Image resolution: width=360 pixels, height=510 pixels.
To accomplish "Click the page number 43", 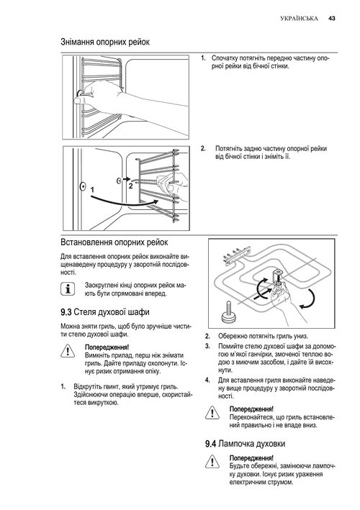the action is (x=331, y=19).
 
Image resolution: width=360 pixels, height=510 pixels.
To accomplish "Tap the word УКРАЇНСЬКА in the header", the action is (x=299, y=19).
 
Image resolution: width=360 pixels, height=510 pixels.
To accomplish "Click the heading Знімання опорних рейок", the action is (x=105, y=42).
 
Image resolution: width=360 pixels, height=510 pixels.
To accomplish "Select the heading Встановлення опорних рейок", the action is (x=114, y=242).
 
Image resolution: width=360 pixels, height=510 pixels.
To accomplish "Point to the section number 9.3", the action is (x=66, y=312).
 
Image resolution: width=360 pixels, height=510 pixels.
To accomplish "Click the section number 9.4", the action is (x=210, y=444).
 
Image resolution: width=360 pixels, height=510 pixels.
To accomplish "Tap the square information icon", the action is (x=68, y=289).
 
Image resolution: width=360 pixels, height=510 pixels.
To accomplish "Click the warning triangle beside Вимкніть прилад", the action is (x=68, y=351).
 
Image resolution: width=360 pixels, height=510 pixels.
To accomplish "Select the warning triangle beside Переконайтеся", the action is (x=212, y=413).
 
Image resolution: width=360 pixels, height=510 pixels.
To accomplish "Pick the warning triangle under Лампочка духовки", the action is (x=212, y=462).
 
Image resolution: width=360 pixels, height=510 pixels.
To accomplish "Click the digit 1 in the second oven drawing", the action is (x=92, y=189).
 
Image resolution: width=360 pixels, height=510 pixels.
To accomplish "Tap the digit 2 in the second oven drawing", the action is (x=130, y=186).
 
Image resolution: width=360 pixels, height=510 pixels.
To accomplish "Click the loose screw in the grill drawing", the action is (x=228, y=312).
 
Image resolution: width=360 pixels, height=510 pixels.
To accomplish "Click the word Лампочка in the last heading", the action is (x=236, y=444).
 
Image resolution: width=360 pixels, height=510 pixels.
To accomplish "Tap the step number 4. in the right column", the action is (x=207, y=380).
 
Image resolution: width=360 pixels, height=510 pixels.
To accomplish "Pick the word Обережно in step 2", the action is (x=232, y=337).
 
